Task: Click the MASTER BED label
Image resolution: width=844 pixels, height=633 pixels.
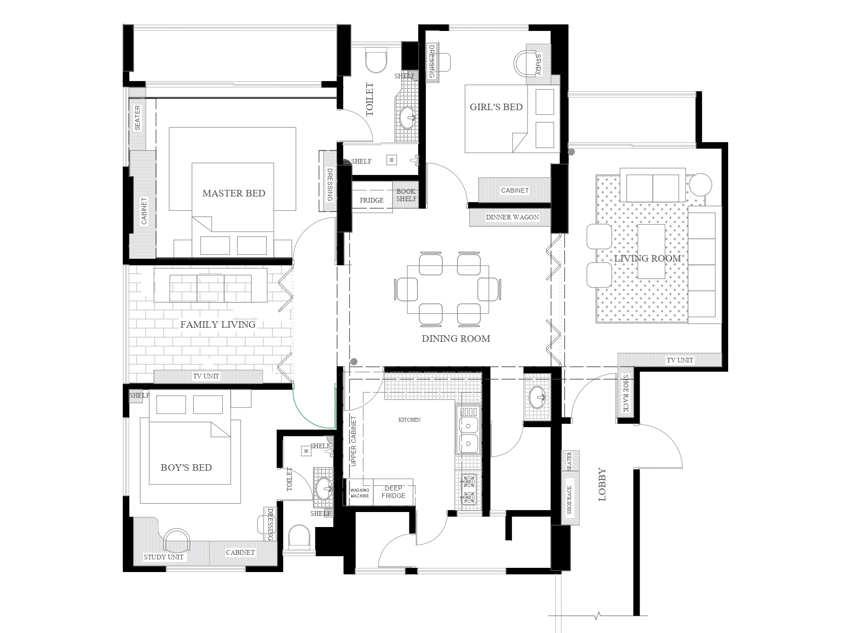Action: coord(234,193)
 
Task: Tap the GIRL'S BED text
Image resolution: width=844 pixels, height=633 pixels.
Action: coord(496,107)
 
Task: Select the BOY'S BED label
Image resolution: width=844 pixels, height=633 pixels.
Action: coord(186,467)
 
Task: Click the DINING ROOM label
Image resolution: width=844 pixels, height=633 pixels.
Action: coord(456,339)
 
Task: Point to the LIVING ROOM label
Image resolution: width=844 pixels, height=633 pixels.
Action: coord(648,258)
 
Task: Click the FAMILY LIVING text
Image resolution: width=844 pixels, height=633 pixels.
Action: coord(218,324)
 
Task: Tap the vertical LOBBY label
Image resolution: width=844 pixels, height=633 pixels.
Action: coord(603,485)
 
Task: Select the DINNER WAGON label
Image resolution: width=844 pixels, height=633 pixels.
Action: coord(512,217)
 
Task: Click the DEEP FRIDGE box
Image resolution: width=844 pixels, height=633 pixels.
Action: coord(393,492)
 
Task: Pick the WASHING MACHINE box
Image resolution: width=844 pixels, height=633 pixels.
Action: coord(360,493)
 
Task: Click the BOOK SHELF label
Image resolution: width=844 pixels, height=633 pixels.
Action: coord(406,195)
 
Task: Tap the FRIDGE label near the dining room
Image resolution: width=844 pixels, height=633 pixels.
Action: coord(371,200)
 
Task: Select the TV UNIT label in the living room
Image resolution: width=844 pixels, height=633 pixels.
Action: coord(679,360)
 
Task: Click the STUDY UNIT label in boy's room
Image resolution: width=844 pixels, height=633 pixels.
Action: coord(164,557)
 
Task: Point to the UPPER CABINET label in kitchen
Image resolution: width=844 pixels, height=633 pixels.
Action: coord(354,441)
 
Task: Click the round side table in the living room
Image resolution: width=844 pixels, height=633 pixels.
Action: coord(701,185)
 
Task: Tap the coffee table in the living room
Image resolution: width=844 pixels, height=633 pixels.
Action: coord(651,251)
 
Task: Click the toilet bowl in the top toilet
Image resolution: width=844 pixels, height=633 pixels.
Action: coord(377,61)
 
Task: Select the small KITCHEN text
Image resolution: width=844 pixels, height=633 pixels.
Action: coord(409,420)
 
